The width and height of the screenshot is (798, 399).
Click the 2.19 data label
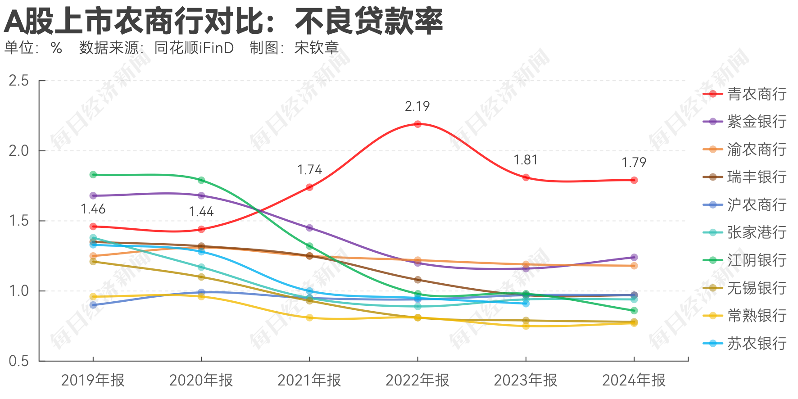417,106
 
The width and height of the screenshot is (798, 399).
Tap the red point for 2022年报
417,124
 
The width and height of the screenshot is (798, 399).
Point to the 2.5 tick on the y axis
18,81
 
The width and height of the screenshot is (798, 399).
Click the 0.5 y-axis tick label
18,361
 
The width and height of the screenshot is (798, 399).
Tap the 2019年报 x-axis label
93,381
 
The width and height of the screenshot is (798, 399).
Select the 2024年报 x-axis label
634,381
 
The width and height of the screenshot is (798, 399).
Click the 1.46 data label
93,209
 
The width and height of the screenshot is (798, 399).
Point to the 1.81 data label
526,160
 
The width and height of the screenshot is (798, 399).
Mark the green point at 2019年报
93,175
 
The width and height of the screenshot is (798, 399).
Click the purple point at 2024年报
634,258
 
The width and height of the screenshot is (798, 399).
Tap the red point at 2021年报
309,187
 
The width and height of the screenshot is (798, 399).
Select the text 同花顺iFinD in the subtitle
194,48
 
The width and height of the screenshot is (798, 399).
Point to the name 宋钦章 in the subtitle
317,48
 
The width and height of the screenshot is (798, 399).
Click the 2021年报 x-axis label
309,381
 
